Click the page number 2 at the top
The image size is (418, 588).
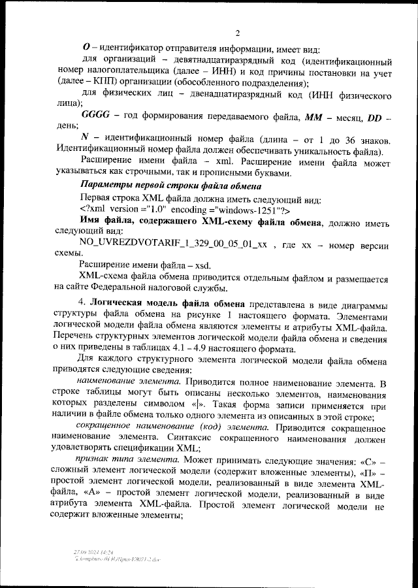point(238,33)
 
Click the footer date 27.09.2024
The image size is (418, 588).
point(86,552)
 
